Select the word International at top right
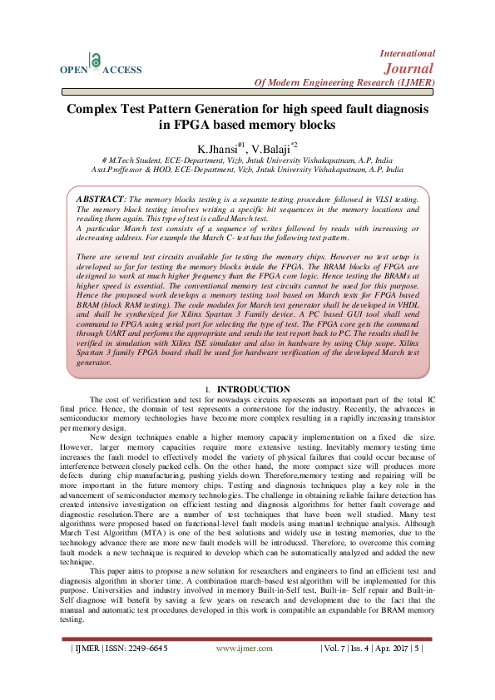point(407,52)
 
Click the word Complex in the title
point(94,109)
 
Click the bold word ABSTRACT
point(99,200)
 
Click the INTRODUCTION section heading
point(253,389)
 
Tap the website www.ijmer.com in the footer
point(250,648)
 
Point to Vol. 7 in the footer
point(334,648)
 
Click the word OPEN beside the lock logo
point(73,71)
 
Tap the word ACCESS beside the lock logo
point(121,71)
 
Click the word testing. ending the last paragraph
point(73,620)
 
